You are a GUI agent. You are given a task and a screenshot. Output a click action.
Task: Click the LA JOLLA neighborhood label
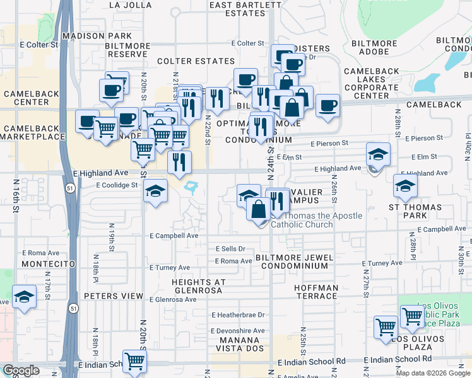click(x=131, y=4)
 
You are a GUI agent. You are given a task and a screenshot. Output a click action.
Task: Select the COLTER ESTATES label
click(x=196, y=61)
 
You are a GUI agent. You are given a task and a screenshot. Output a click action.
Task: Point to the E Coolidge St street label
click(x=117, y=185)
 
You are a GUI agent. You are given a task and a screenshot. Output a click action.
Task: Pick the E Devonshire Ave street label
click(x=238, y=331)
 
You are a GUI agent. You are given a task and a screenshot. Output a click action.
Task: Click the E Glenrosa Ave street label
click(x=173, y=299)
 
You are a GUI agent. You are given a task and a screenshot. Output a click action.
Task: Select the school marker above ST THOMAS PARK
click(x=405, y=185)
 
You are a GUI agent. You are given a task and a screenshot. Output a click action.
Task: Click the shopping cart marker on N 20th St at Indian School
click(x=135, y=360)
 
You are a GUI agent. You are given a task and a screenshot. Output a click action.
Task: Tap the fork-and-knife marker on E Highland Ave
click(x=180, y=162)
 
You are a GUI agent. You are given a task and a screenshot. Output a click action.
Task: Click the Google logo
click(x=21, y=371)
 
